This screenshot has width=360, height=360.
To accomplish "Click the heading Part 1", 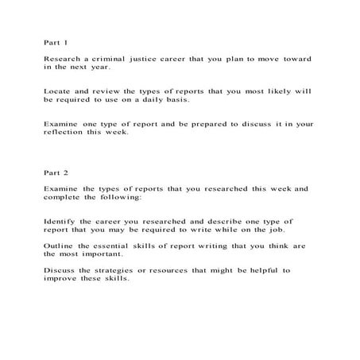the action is tap(56, 41).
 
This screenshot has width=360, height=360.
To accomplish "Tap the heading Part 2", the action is tap(56, 172).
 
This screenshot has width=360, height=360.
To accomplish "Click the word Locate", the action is tap(60, 91).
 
